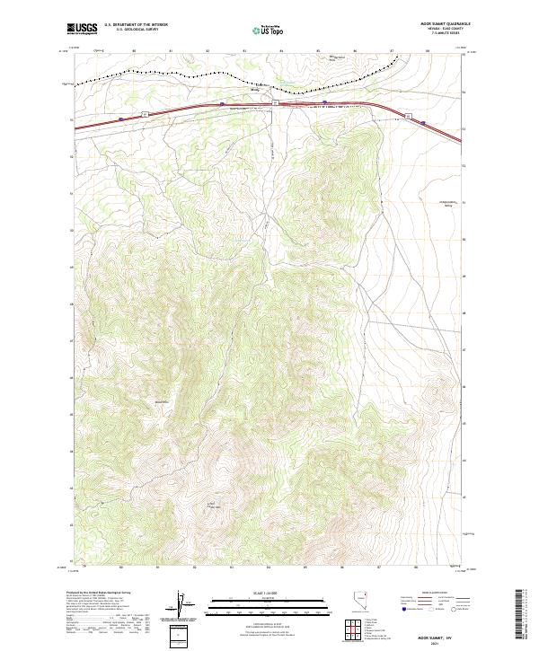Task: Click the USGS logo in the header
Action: (x=82, y=28)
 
